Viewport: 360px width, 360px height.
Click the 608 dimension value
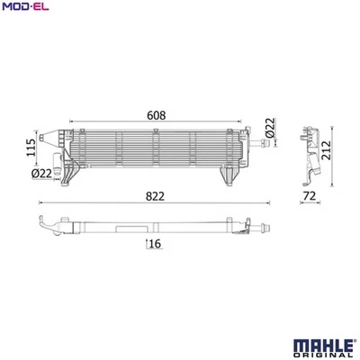(x=157, y=115)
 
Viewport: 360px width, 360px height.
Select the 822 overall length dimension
(x=155, y=196)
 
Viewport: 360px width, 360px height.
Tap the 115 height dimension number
(x=31, y=148)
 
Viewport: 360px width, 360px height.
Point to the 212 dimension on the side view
(x=326, y=150)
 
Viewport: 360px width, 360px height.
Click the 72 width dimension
(x=310, y=196)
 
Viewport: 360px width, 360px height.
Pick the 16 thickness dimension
(x=155, y=244)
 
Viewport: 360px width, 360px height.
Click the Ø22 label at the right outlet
(x=270, y=128)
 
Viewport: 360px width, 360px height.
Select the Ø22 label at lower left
(x=41, y=173)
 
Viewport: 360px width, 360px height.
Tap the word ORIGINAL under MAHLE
(x=323, y=355)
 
